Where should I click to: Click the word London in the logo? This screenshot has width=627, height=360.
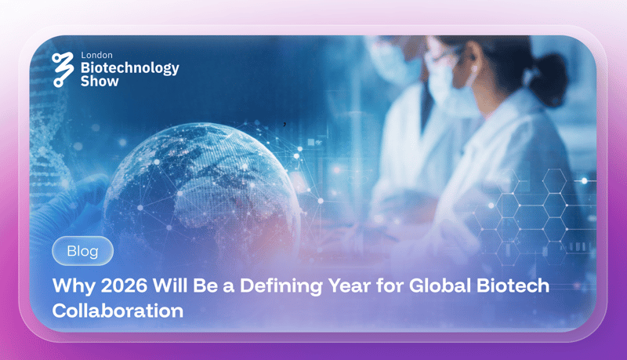pos(96,55)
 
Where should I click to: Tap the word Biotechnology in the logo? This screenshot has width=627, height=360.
pos(130,68)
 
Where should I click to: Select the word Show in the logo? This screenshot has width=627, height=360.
pos(100,82)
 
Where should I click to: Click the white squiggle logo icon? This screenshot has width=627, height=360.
pos(63,69)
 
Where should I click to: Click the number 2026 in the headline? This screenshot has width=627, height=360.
pos(124,285)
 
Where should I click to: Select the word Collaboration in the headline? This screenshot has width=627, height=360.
pos(118,311)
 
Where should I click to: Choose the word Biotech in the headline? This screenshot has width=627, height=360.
pos(513,285)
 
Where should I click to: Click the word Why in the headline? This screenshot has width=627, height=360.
pos(74,286)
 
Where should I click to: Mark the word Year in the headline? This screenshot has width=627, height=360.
pos(349,285)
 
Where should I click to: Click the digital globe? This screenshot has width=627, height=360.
pos(201,192)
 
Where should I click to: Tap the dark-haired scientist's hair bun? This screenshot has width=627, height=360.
pos(550,76)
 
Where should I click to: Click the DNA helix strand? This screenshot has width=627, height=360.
pos(47,132)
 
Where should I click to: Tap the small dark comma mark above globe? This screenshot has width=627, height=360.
pos(285,124)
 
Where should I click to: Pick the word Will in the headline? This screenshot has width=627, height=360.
pos(170,285)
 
